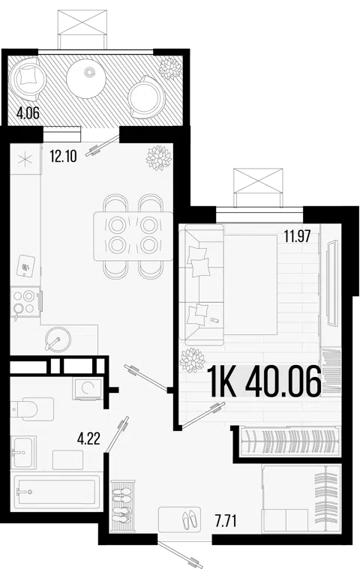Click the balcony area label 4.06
[28, 114]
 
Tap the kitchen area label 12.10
[63, 157]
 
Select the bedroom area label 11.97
[297, 237]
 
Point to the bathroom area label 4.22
[88, 439]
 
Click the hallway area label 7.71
[225, 521]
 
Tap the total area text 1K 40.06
[264, 382]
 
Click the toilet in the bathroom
[32, 409]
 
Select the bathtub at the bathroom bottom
[56, 492]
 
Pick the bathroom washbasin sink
[23, 452]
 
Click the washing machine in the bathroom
[87, 388]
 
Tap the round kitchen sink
[58, 339]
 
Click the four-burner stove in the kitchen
[25, 302]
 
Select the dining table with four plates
[133, 236]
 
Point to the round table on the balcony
[86, 79]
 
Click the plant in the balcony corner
[169, 68]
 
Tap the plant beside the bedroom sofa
[192, 360]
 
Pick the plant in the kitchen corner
[158, 158]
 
